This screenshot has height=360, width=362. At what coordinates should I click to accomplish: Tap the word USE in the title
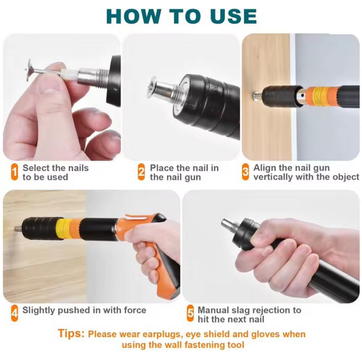point(233,16)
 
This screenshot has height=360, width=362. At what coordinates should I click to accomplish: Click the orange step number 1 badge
point(14,172)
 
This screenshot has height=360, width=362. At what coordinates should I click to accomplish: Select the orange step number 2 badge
point(141,172)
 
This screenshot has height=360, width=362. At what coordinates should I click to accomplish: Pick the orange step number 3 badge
point(246,172)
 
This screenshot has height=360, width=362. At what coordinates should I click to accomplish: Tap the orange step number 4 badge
point(14,313)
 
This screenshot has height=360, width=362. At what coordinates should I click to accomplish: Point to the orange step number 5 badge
point(190,313)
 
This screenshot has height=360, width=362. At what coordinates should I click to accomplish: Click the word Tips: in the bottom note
point(71,333)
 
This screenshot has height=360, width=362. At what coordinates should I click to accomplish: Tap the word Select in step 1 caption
point(34,168)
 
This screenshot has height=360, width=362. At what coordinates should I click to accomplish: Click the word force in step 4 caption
point(135,310)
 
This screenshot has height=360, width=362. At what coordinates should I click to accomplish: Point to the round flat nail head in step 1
point(29,70)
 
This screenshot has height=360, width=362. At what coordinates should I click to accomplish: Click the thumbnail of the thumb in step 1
point(50,86)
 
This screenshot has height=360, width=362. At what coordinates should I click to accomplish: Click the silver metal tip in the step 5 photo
point(227,225)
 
